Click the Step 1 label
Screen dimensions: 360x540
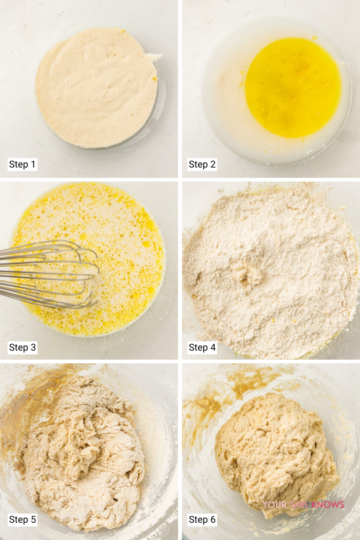[x=22, y=164]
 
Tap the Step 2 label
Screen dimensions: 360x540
[x=202, y=164]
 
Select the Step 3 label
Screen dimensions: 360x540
[x=22, y=347]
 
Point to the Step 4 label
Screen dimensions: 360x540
[x=202, y=347]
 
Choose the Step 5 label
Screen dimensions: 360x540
[x=22, y=519]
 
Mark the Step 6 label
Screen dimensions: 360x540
[x=202, y=519]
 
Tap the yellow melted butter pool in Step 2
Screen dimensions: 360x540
[x=293, y=88]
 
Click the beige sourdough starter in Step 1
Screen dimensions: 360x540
[x=96, y=88]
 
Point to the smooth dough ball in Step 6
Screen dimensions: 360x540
[x=275, y=455]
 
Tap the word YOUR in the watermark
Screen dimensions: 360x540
[x=275, y=505]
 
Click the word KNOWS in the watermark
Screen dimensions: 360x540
[x=328, y=505]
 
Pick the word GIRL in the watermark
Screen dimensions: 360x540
[x=299, y=505]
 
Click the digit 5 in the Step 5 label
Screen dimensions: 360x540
[x=33, y=519]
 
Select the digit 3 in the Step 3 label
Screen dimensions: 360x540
[x=33, y=347]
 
